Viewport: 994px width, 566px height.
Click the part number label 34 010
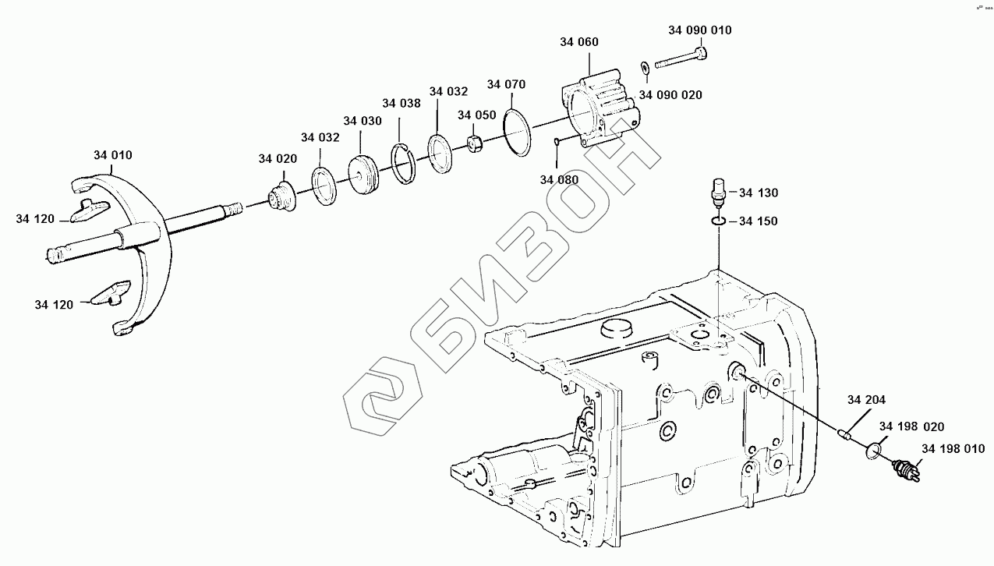pos(113,155)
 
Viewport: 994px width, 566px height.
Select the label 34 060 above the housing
pos(579,42)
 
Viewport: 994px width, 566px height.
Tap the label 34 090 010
pos(699,30)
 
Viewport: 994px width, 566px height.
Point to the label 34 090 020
pos(670,95)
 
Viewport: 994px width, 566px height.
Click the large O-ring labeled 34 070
pos(517,132)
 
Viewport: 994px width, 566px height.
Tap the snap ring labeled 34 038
pos(403,164)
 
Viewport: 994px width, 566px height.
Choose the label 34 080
pos(559,179)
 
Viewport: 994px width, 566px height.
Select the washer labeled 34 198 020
pos(875,450)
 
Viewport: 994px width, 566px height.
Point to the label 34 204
pos(866,401)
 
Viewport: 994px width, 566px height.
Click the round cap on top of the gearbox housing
pos(615,328)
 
